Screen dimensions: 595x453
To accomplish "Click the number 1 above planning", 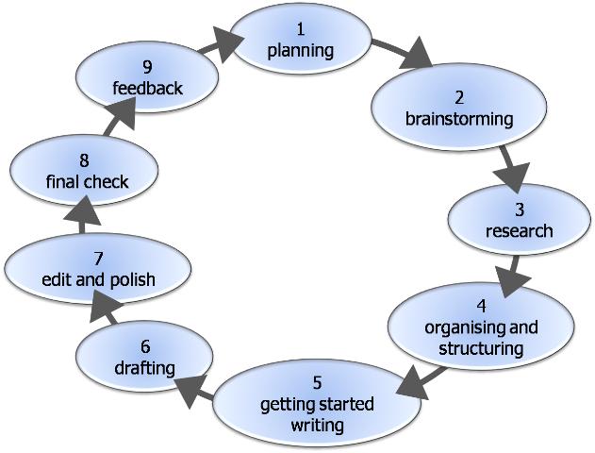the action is (301, 29).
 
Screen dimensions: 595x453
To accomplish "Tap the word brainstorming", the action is (459, 119).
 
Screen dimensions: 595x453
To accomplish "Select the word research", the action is (520, 231).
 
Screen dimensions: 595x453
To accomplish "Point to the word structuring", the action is (481, 348).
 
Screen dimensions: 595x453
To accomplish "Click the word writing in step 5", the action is (317, 425).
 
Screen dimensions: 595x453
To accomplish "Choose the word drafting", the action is (144, 368).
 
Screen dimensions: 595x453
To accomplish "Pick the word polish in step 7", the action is (132, 280).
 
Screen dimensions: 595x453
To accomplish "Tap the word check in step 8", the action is (109, 182).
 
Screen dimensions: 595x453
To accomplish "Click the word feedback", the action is (148, 89).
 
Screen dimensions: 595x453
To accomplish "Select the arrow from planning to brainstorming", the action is (402, 53).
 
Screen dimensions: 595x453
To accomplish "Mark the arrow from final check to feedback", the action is (120, 117).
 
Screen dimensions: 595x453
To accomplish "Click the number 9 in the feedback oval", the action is (147, 67).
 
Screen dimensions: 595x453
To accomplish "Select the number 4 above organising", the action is (481, 306).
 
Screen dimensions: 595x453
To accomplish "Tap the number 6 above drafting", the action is (145, 346).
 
